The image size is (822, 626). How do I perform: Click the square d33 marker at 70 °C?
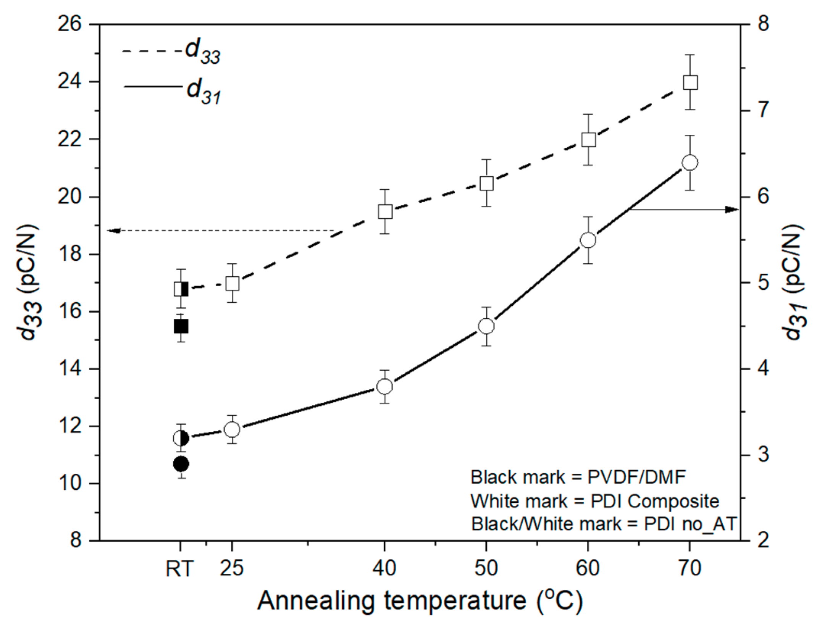tap(690, 82)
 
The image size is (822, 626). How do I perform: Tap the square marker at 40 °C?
tap(385, 211)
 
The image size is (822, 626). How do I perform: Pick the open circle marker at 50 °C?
tap(486, 326)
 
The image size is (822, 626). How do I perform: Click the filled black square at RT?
tap(181, 327)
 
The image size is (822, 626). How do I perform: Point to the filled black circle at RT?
tap(181, 464)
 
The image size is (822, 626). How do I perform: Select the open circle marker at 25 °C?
tap(232, 429)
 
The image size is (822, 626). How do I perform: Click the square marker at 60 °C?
tap(588, 140)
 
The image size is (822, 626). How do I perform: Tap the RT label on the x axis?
tap(179, 569)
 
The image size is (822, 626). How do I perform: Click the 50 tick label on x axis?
tap(486, 568)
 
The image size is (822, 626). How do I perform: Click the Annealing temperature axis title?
tap(420, 601)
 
